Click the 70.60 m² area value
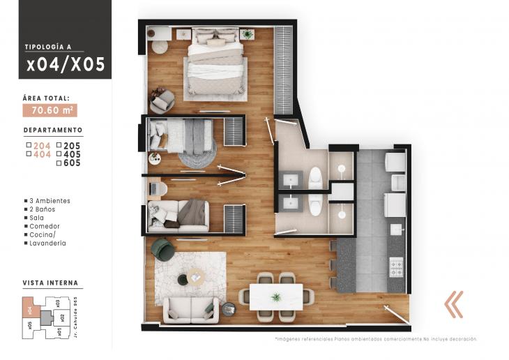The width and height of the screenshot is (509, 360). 50,110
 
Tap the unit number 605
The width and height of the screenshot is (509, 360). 72,163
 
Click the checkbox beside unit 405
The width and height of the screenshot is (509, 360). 59,155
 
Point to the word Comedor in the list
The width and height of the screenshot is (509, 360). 45,226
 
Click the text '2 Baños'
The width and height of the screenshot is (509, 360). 43,209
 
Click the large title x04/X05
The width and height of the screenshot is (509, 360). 66,65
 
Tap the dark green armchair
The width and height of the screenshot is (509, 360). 164,248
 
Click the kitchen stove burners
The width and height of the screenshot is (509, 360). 395,266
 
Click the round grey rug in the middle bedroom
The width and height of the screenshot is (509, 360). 197,156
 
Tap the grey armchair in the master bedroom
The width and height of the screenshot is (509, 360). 162,101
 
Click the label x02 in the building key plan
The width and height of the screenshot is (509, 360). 62,317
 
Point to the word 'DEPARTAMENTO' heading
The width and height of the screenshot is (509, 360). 53,130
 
